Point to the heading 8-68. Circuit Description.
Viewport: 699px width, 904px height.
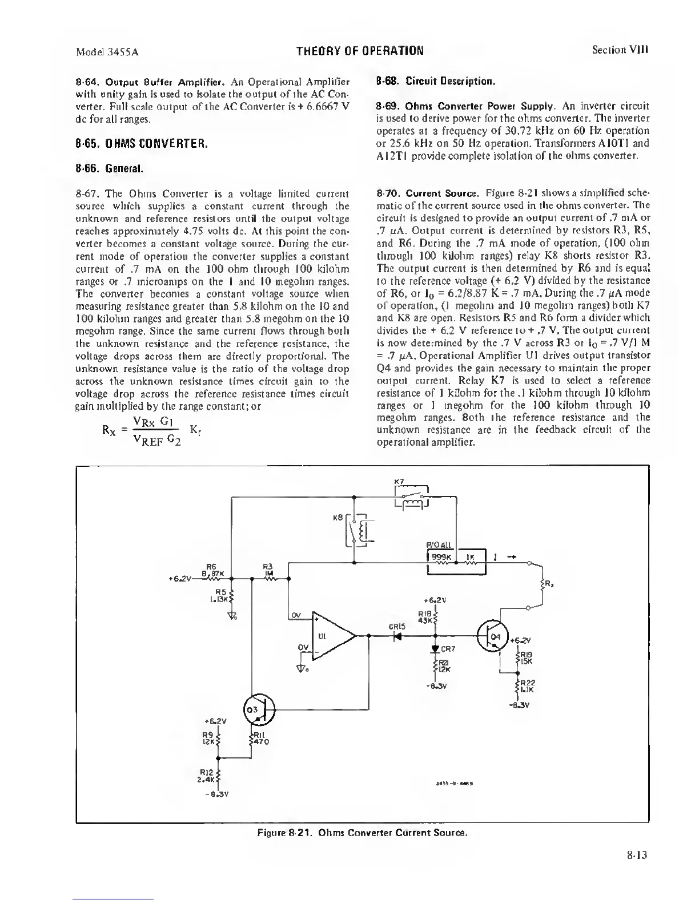coord(435,81)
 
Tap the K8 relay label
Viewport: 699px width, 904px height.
coord(337,518)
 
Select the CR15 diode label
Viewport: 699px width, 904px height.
coord(397,626)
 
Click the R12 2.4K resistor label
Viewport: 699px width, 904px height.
coord(207,774)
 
